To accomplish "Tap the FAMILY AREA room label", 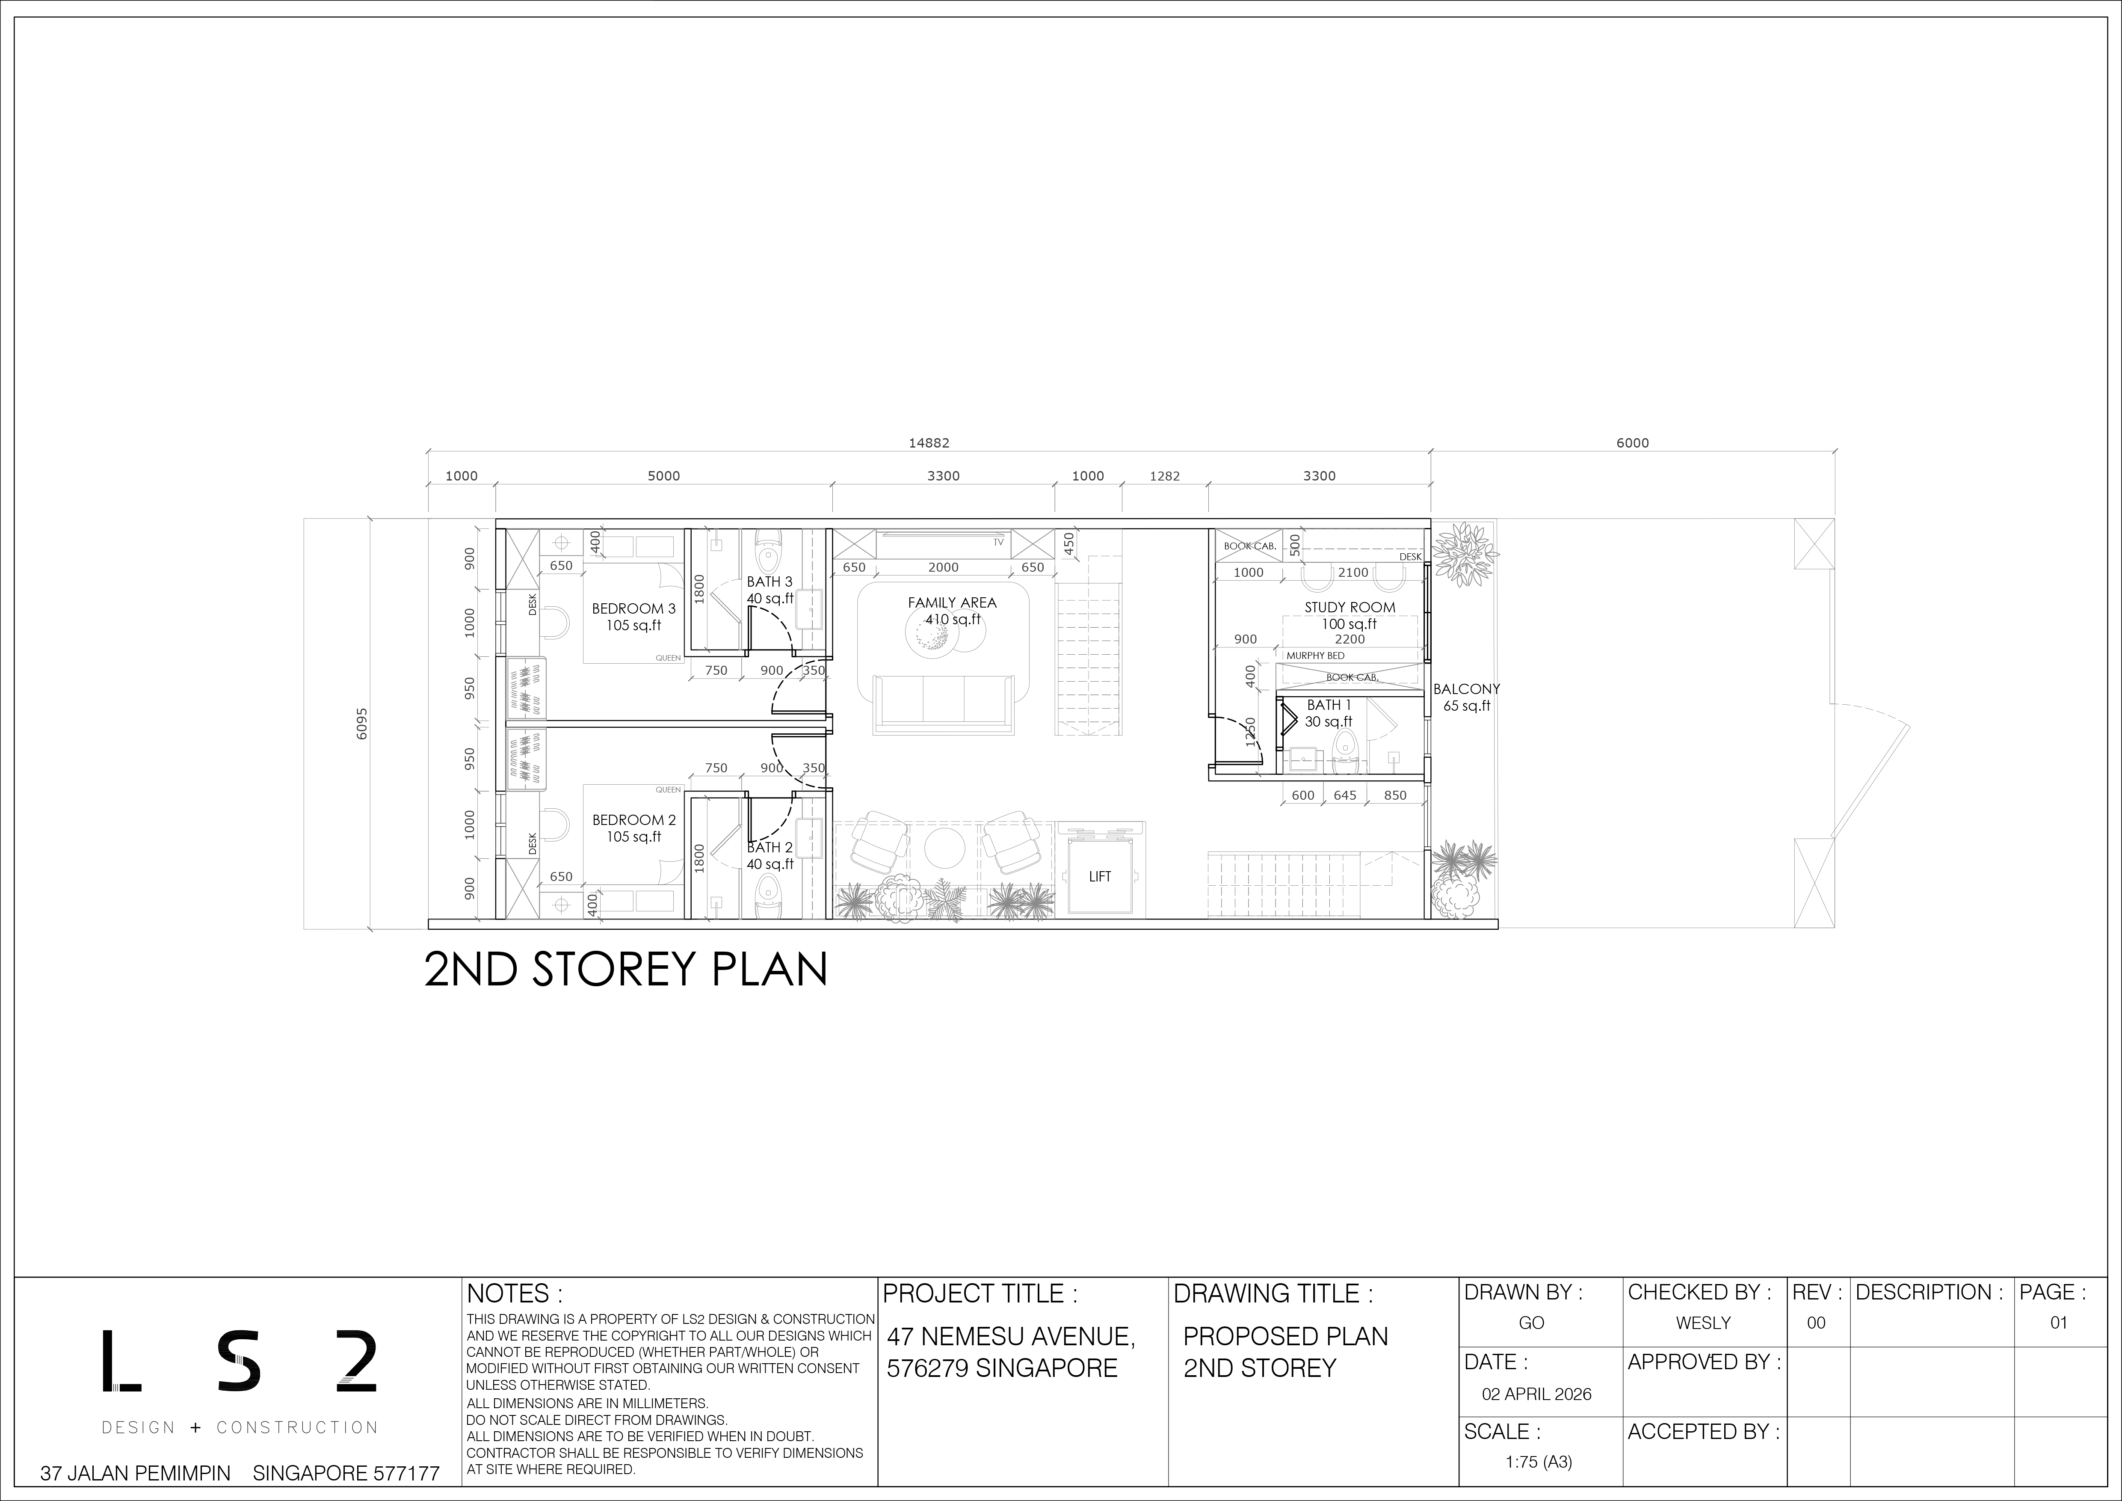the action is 952,602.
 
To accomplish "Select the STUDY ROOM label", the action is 1350,607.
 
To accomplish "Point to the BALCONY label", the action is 1467,688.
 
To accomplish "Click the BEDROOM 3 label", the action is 634,608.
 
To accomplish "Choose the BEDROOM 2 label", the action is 634,820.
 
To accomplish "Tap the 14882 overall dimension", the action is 929,443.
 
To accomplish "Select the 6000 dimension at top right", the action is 1632,443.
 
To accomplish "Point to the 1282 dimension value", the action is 1164,476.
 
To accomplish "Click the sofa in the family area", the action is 943,703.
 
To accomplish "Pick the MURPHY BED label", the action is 1315,656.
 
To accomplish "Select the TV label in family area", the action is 998,543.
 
